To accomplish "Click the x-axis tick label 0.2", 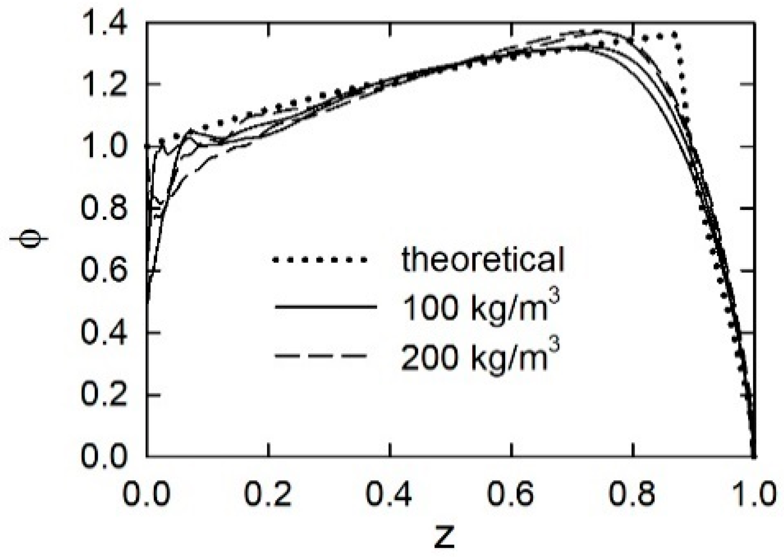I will click(x=268, y=495).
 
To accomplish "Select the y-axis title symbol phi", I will click(x=28, y=240).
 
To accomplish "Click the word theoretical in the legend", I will click(x=483, y=259).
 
